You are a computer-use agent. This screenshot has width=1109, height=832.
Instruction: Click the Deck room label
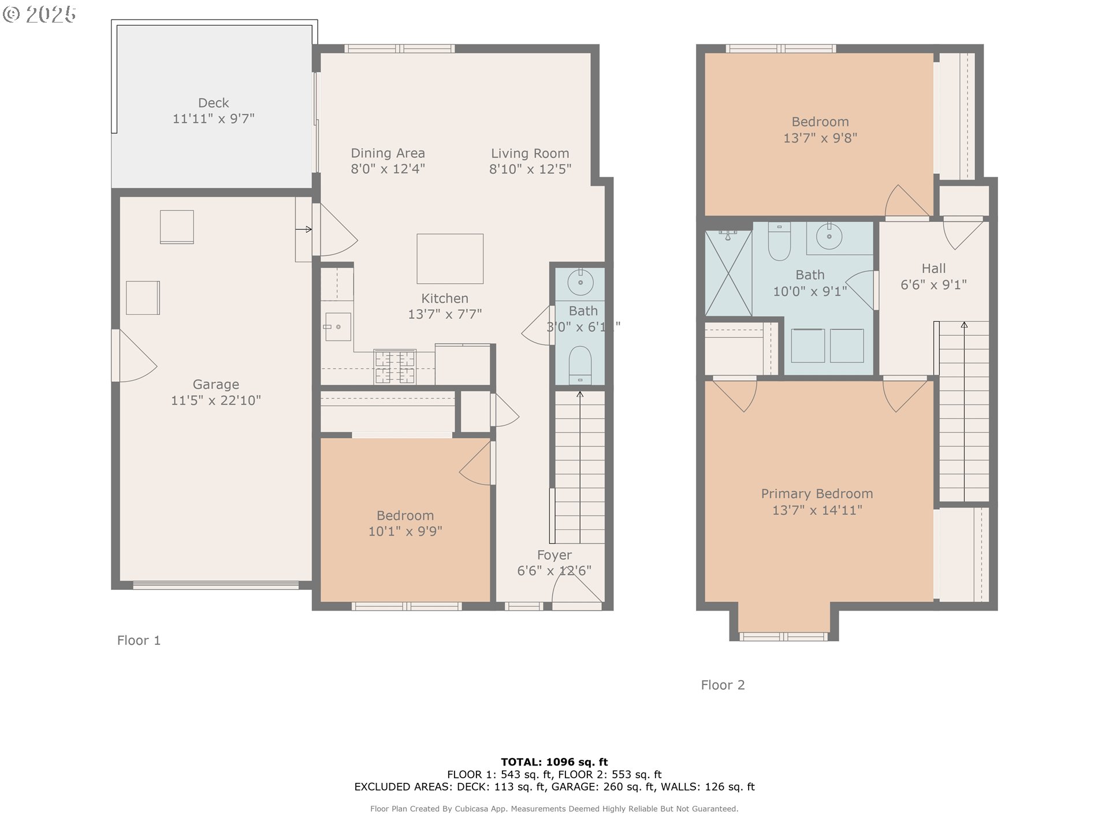click(x=214, y=103)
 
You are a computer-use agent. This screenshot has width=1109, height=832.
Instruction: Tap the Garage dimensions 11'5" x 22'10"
click(x=216, y=400)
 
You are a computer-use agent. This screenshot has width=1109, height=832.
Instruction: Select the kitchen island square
click(x=450, y=258)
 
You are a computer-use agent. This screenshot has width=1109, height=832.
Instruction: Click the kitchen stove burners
click(x=395, y=366)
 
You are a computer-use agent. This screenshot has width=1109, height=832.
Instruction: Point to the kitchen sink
click(x=337, y=326)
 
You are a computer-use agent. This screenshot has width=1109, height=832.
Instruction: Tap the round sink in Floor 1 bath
click(x=580, y=282)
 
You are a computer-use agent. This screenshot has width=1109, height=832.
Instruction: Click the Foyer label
click(x=554, y=555)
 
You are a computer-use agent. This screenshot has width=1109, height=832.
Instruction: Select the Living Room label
click(x=530, y=154)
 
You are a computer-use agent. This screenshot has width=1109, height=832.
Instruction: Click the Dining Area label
click(x=388, y=153)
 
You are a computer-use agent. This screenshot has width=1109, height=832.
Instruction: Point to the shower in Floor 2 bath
click(x=728, y=273)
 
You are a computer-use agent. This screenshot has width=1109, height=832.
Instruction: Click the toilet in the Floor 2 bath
click(x=779, y=242)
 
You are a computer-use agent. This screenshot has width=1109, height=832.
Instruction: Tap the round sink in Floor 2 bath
click(x=829, y=236)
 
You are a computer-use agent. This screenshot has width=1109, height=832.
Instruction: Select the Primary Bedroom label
click(x=817, y=494)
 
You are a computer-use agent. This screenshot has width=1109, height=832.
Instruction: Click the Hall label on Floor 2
click(x=934, y=269)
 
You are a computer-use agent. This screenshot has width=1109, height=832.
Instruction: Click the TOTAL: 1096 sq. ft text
click(x=554, y=762)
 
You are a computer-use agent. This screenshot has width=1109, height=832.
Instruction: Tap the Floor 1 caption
click(x=139, y=640)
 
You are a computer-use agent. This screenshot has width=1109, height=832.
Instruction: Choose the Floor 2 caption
click(x=723, y=685)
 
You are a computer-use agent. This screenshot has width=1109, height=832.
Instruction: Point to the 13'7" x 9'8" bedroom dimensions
click(x=820, y=138)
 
